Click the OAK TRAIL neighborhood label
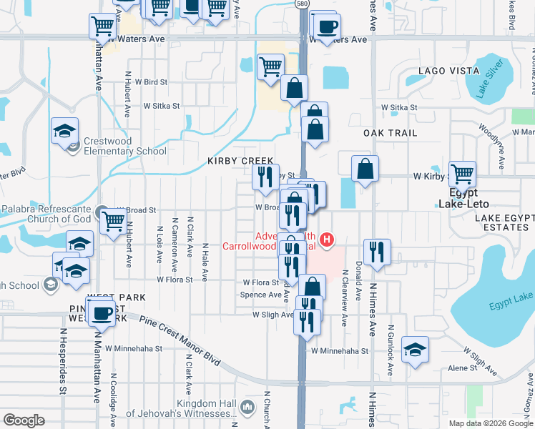(x=390, y=134)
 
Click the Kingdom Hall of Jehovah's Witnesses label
(x=182, y=408)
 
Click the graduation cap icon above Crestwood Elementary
(x=65, y=129)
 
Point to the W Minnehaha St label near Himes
(x=340, y=351)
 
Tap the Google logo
(x=24, y=420)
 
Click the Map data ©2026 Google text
(x=490, y=423)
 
